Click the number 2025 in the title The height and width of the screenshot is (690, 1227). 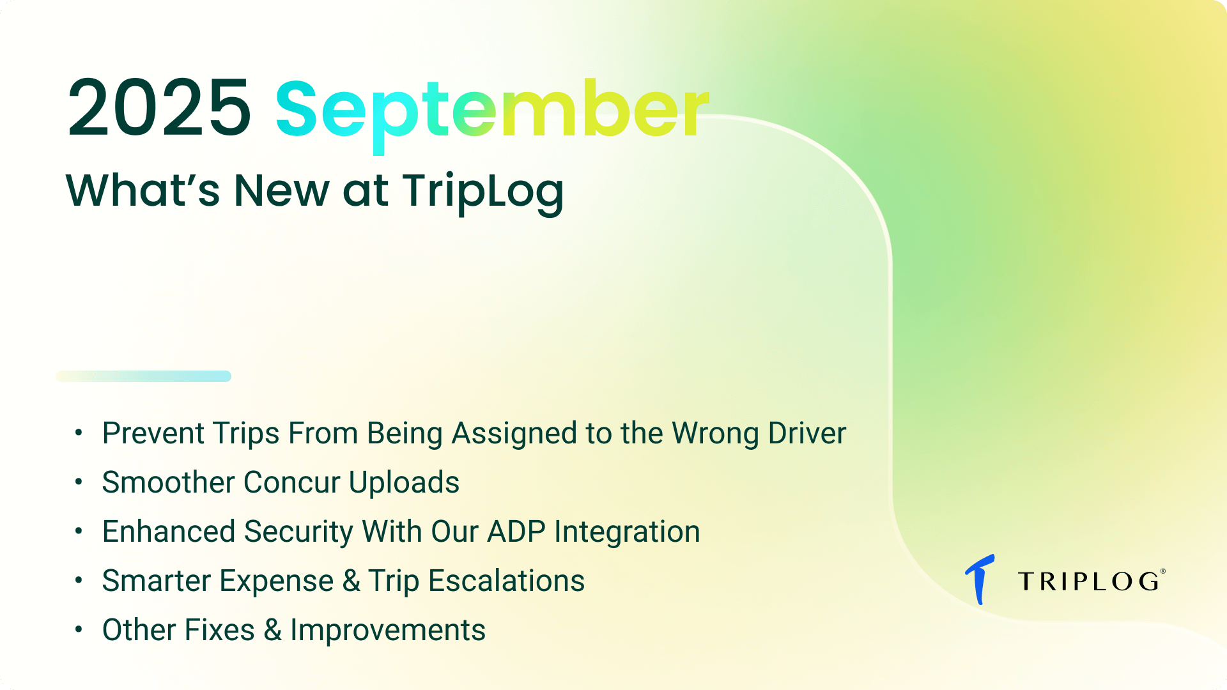[x=159, y=107]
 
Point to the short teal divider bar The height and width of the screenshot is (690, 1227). [x=144, y=376]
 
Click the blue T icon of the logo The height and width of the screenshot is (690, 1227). [x=980, y=579]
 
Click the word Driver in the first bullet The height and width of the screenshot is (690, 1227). [x=807, y=433]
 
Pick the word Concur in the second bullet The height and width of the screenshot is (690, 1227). [x=291, y=482]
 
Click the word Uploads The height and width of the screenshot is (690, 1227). [x=404, y=482]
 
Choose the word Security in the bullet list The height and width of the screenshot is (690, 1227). [x=298, y=532]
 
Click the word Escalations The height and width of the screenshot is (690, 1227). [x=506, y=581]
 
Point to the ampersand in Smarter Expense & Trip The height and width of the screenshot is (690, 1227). [x=351, y=581]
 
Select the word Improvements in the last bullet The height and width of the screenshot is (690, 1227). [x=388, y=631]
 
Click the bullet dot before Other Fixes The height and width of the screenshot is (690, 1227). [x=79, y=629]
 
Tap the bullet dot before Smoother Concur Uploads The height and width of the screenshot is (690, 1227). [x=79, y=482]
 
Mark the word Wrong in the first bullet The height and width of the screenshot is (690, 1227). [x=715, y=434]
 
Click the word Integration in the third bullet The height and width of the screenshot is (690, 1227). [x=627, y=532]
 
